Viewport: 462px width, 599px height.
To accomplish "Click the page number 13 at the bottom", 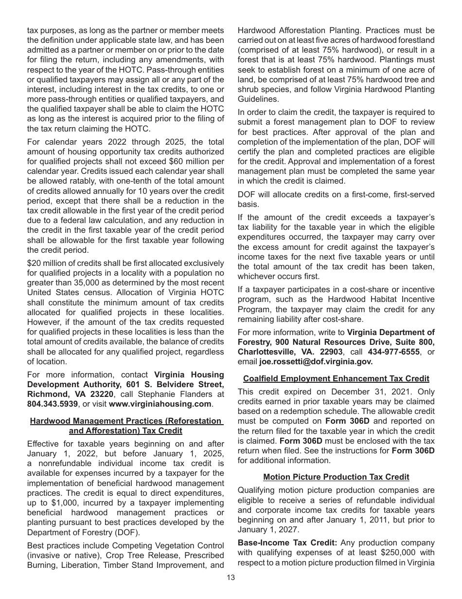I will click(x=231, y=578).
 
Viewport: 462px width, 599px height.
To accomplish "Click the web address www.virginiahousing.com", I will click(x=160, y=404).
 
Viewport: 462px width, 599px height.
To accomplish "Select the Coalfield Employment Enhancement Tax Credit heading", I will click(x=336, y=378).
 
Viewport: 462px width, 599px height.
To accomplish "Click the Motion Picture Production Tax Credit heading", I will click(x=336, y=477).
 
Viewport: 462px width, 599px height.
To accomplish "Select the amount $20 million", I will click(x=47, y=263).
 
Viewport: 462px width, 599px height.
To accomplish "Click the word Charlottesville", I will click(x=266, y=352).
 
